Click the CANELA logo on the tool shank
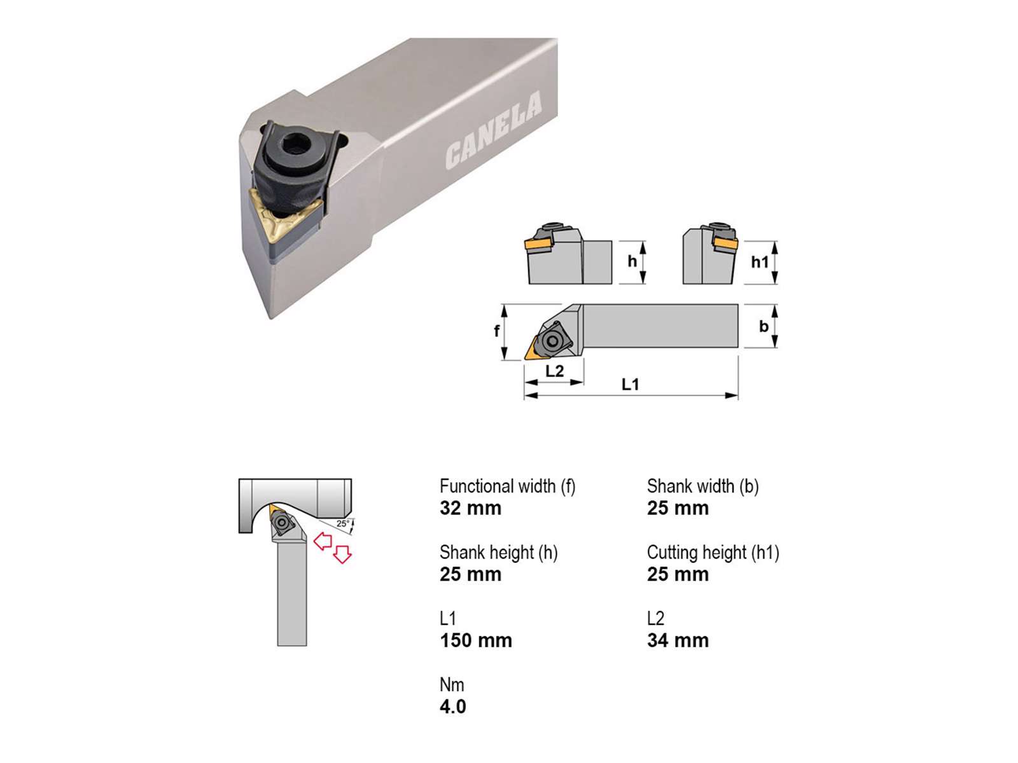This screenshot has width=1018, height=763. pyautogui.click(x=493, y=130)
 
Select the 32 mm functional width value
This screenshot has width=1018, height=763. pyautogui.click(x=470, y=508)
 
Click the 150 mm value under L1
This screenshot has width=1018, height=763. pyautogui.click(x=476, y=641)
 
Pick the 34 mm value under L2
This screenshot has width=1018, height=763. pyautogui.click(x=678, y=641)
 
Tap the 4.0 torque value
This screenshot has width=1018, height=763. pyautogui.click(x=452, y=707)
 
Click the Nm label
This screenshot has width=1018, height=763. pyautogui.click(x=452, y=685)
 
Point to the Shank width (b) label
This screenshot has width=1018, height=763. pyautogui.click(x=702, y=486)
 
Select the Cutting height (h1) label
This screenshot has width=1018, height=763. pyautogui.click(x=713, y=553)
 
